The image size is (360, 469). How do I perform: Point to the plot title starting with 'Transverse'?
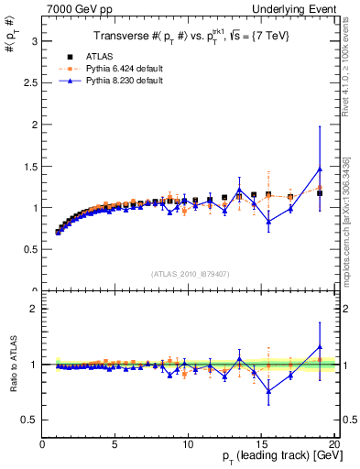coord(188,36)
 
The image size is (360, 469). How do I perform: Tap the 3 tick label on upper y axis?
coord(34,41)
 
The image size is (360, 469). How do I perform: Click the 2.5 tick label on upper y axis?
coord(30,83)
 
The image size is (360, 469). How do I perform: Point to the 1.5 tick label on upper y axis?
coord(30,166)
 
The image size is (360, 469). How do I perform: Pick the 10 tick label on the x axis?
coord(188,444)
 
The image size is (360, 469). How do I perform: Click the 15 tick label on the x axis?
coord(261,444)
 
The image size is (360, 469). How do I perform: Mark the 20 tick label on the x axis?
coord(333,444)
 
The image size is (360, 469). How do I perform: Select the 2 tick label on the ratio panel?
coord(34,309)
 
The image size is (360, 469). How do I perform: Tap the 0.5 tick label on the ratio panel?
coord(30,420)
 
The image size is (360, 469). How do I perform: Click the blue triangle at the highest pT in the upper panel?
coord(320,169)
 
